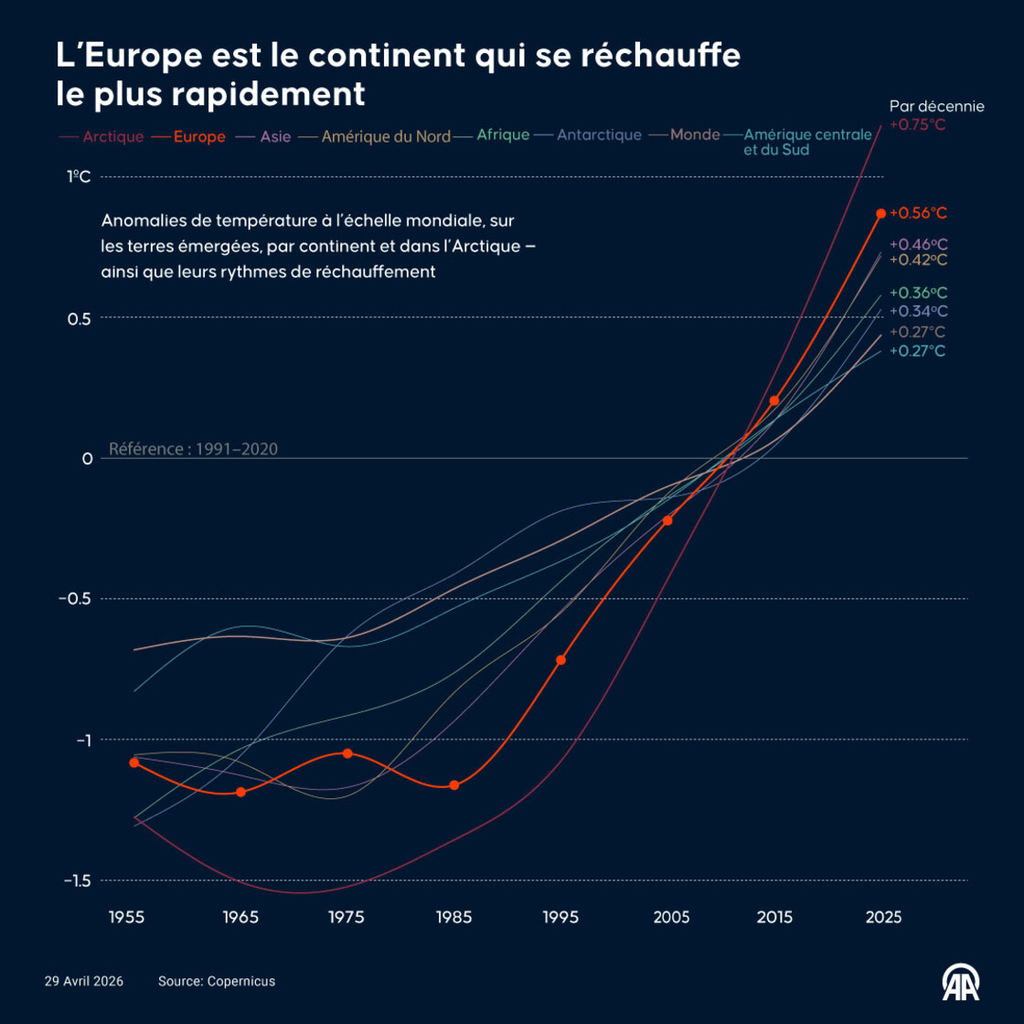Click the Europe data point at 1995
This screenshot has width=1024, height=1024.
(x=561, y=660)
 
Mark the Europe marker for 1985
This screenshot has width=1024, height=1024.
(x=453, y=785)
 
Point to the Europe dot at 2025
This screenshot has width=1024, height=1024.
(x=881, y=213)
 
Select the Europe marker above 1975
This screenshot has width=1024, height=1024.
(x=347, y=753)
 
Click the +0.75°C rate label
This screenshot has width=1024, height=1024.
(x=917, y=125)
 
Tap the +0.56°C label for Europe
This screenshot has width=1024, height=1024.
(x=918, y=213)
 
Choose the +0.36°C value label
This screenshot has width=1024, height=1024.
(x=918, y=293)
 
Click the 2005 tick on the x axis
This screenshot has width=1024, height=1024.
(x=671, y=917)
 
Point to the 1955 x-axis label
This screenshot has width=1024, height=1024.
(x=126, y=917)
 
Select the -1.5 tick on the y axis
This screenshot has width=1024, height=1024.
(x=77, y=880)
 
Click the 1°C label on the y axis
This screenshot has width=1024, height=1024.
(x=80, y=176)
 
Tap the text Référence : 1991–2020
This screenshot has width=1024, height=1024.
(x=193, y=449)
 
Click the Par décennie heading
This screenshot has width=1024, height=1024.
(x=936, y=106)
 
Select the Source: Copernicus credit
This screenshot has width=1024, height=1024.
(x=217, y=981)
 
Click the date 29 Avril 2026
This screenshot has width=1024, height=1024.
(x=84, y=981)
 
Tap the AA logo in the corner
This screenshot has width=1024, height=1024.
(x=961, y=982)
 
